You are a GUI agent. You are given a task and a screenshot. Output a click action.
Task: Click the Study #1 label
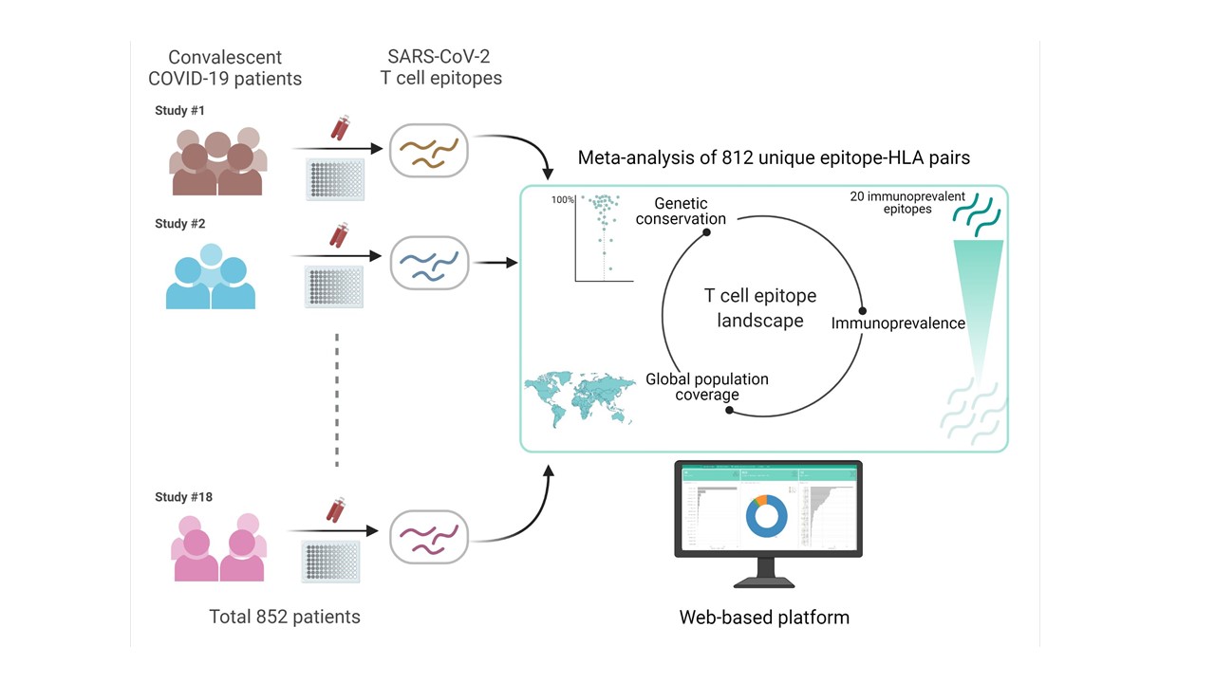click(x=180, y=111)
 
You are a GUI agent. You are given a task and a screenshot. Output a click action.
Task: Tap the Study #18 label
click(x=183, y=497)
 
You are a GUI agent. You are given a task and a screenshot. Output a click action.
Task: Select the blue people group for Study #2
click(x=211, y=276)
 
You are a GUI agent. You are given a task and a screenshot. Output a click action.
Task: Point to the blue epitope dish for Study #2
click(x=429, y=264)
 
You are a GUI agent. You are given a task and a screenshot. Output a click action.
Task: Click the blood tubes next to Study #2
click(x=338, y=233)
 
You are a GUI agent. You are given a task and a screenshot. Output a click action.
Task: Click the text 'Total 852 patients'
click(x=285, y=617)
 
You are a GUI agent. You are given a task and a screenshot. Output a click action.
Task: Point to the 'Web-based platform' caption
click(x=764, y=618)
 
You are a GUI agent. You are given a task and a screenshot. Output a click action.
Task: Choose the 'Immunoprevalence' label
click(x=898, y=323)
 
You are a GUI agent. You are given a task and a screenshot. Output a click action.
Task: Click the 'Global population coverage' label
click(x=707, y=387)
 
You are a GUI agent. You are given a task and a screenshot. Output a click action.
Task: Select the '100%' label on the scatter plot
click(x=564, y=200)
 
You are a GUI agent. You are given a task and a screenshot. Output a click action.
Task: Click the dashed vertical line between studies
click(x=337, y=398)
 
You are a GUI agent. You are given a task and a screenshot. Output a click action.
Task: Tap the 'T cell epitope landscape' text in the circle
click(x=760, y=308)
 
